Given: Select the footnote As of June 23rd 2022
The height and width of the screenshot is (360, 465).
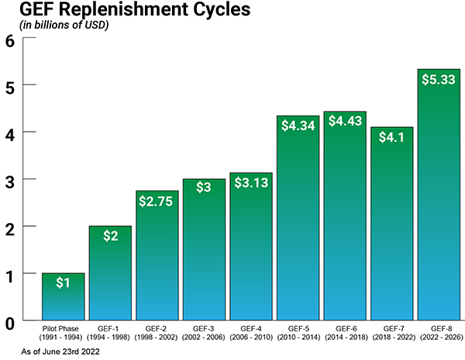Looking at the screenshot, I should [x=53, y=351].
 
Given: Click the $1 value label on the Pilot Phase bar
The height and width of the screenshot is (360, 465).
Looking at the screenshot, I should [x=63, y=283].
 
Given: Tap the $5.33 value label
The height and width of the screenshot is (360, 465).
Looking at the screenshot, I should [x=439, y=78].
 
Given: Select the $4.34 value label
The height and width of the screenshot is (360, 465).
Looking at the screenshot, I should [x=298, y=125].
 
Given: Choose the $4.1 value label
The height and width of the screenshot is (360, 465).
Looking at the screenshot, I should [x=391, y=137].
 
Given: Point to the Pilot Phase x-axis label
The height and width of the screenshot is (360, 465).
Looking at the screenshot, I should [x=63, y=334].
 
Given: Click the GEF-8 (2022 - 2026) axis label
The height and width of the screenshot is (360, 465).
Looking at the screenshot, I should [x=439, y=334].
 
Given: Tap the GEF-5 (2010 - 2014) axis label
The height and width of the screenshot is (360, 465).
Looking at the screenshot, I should [x=298, y=334].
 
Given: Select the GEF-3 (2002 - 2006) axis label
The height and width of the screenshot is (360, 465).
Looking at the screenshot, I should [x=204, y=334].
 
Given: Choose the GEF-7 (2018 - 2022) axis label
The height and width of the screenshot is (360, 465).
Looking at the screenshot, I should [x=391, y=334].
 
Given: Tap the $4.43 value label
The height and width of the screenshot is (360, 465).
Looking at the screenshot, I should [x=345, y=121].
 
